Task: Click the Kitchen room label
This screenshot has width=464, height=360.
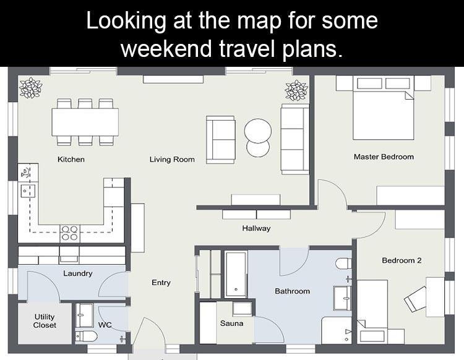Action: click(71, 160)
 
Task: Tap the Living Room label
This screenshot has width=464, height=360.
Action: click(172, 160)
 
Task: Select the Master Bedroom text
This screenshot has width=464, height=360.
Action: click(384, 156)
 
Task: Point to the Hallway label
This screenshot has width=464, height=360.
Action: click(256, 228)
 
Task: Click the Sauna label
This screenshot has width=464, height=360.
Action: click(232, 324)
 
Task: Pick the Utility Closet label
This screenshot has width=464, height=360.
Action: click(45, 321)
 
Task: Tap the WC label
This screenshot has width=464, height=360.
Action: click(105, 325)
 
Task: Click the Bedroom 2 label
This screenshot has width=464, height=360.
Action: click(402, 260)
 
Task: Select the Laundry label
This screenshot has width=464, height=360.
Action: click(78, 273)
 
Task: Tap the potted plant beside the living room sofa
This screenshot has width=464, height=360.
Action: click(296, 90)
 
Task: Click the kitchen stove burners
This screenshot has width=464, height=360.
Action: click(70, 233)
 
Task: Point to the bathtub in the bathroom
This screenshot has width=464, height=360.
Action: click(236, 275)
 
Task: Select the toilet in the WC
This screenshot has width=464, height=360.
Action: click(86, 336)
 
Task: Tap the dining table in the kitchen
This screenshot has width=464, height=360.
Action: click(85, 122)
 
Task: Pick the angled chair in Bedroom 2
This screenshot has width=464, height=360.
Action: click(415, 299)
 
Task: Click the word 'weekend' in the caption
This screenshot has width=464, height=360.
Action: click(166, 48)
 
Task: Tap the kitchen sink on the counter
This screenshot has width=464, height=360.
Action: click(27, 191)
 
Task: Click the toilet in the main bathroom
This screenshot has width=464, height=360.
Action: click(343, 264)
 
